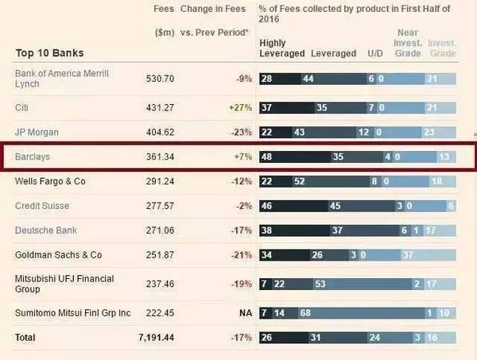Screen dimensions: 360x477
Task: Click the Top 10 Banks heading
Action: (49, 53)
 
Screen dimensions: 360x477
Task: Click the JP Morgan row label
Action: (37, 131)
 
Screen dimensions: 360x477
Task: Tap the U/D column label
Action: (374, 53)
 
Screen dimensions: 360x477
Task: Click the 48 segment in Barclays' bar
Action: (267, 157)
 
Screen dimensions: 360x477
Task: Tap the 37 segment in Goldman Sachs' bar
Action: (408, 255)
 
